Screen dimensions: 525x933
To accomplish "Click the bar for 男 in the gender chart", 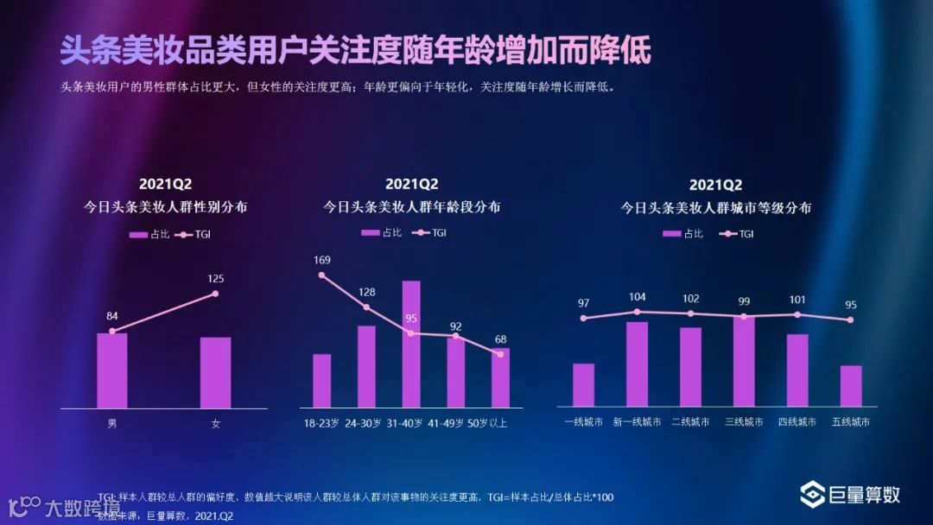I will [111, 370].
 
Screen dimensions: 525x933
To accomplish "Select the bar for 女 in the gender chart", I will [215, 372].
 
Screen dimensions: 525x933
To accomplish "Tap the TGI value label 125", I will [215, 278].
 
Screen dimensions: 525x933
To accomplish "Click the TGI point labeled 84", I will [112, 331].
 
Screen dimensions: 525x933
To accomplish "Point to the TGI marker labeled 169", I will [321, 275].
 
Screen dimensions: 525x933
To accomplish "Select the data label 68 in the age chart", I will [501, 338].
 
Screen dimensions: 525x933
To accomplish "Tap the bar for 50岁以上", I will [501, 377].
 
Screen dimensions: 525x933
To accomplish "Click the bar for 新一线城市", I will [637, 364].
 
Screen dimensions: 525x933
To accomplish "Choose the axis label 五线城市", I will [851, 422].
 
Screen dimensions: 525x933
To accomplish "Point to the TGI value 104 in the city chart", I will [637, 296].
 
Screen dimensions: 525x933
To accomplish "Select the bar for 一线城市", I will [583, 384].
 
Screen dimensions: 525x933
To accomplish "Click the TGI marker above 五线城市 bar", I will [851, 319].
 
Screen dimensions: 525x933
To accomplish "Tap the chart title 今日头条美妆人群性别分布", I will [165, 207].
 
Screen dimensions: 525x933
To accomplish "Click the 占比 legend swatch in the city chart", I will [670, 233].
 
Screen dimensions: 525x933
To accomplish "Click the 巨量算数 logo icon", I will [812, 495].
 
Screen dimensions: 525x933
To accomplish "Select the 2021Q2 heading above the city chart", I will [715, 185].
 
